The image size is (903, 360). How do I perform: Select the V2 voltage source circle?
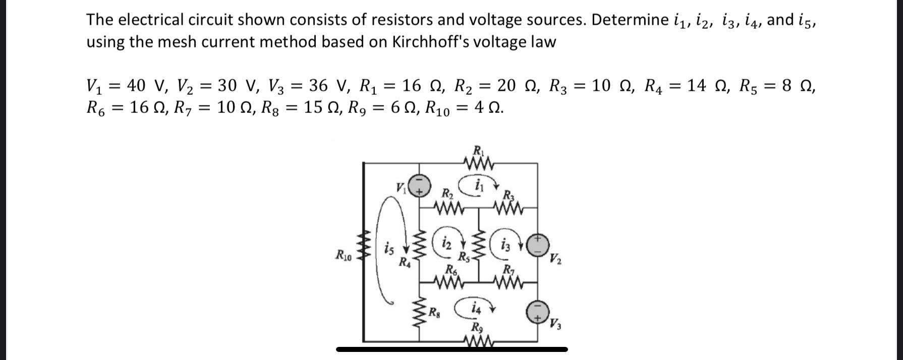tap(538, 245)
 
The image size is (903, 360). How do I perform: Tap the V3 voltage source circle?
tap(538, 312)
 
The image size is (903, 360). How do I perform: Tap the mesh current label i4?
tap(475, 307)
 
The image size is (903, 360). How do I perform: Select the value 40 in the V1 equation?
tap(136, 86)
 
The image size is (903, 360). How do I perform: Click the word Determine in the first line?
tap(630, 20)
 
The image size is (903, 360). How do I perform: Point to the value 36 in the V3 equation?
tap(318, 86)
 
